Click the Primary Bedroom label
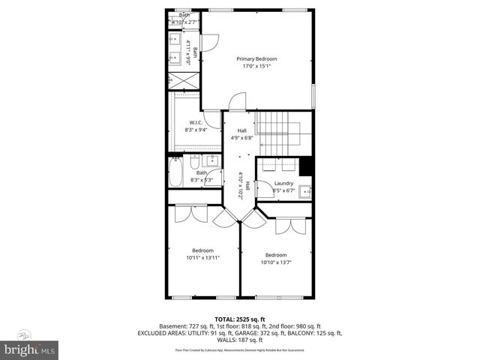coord(256,59)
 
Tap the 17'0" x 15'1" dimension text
coord(256,67)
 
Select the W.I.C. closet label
coord(196,122)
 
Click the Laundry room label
coord(283,184)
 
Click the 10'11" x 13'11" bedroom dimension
coord(202,258)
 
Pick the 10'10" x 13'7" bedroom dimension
coord(275,262)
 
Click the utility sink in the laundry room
coord(304,192)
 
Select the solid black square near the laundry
coord(305,166)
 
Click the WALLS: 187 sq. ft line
coord(239,340)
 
